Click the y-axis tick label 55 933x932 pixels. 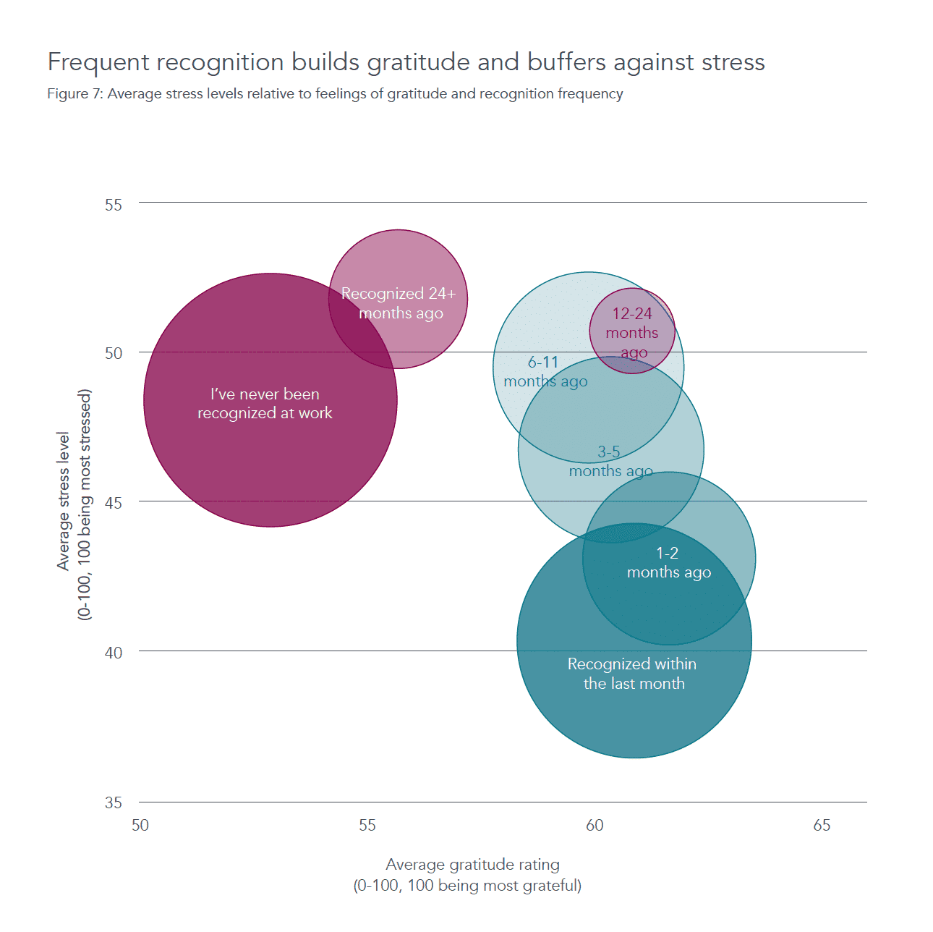click(x=114, y=205)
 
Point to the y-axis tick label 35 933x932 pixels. click(x=114, y=802)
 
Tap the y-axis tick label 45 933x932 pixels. click(x=114, y=503)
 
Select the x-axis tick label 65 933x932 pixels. click(x=822, y=826)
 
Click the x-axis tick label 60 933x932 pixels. click(x=595, y=826)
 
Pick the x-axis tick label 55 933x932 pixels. click(x=367, y=826)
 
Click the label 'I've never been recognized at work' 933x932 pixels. click(x=265, y=404)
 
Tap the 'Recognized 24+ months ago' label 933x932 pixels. click(x=399, y=303)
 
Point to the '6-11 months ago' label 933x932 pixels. click(x=545, y=372)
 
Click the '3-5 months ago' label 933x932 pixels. click(x=610, y=462)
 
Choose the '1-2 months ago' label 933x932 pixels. click(x=668, y=563)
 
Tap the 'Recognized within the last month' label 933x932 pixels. click(x=633, y=674)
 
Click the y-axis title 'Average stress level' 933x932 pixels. click(x=64, y=501)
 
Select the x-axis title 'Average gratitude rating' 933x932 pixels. click(x=472, y=865)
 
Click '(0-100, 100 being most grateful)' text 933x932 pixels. click(x=467, y=886)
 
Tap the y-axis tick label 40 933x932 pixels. click(x=114, y=653)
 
